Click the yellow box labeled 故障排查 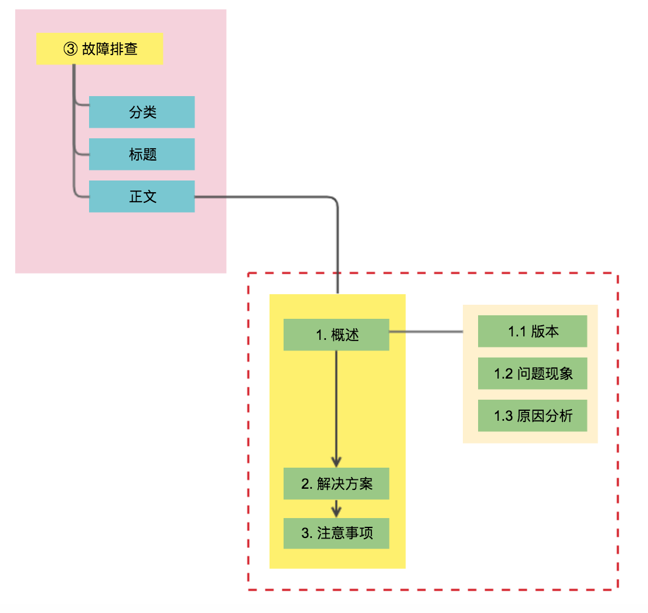tap(100, 49)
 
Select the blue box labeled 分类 tap(142, 112)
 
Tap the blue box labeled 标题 tap(142, 154)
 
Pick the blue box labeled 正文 tap(142, 196)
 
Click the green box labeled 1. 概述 tap(336, 335)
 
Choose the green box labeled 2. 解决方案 tap(336, 483)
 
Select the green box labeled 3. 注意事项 tap(336, 533)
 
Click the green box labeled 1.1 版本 tap(533, 331)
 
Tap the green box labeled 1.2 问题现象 tap(533, 373)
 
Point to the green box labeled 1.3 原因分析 tap(533, 416)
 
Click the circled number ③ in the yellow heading tap(70, 49)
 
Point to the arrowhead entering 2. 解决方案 tap(336, 462)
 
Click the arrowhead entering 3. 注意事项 tap(336, 512)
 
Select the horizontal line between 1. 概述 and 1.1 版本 tap(426, 332)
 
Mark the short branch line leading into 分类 tap(81, 105)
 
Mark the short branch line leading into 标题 tap(81, 155)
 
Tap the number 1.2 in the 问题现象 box tap(503, 374)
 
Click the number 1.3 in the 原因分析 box tap(503, 416)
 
